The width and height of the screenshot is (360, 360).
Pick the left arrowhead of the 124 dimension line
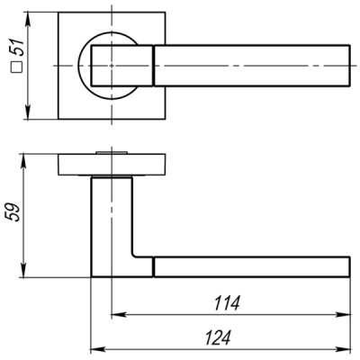click(x=96, y=348)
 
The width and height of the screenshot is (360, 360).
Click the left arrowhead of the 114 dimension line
click(x=115, y=316)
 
